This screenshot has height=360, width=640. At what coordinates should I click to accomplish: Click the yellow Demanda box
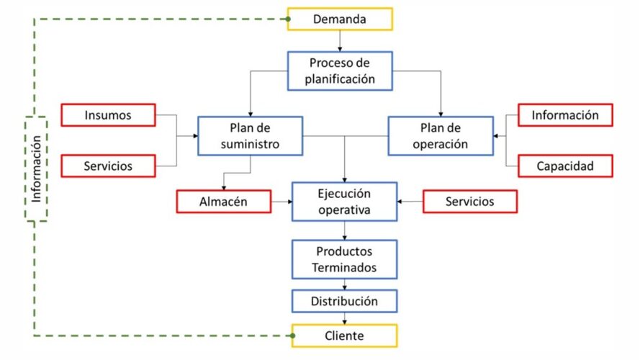[340, 19]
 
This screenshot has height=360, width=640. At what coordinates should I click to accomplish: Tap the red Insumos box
[108, 115]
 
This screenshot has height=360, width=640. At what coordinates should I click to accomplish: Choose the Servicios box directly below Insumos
[108, 166]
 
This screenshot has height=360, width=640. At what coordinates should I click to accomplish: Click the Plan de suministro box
[250, 135]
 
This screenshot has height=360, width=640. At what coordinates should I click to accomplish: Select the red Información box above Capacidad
[565, 115]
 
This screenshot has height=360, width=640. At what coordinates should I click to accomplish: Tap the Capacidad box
[565, 166]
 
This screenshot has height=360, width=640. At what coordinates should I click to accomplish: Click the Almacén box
[223, 202]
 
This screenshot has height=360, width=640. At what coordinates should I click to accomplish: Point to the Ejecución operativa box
[344, 202]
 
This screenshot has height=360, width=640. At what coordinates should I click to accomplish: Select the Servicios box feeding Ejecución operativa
[469, 202]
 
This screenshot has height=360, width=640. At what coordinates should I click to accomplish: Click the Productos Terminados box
[344, 260]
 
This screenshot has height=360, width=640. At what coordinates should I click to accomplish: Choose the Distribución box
[344, 300]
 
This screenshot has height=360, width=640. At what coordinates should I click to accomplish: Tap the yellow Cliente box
[344, 336]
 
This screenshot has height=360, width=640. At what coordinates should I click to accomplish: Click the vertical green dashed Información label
[36, 168]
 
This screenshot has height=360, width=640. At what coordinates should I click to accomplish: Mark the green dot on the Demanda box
[289, 19]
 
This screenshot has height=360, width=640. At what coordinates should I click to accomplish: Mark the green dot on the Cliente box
[293, 336]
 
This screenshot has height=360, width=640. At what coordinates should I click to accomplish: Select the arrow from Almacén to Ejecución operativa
[281, 202]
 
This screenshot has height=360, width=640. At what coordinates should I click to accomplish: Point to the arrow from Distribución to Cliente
[345, 318]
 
